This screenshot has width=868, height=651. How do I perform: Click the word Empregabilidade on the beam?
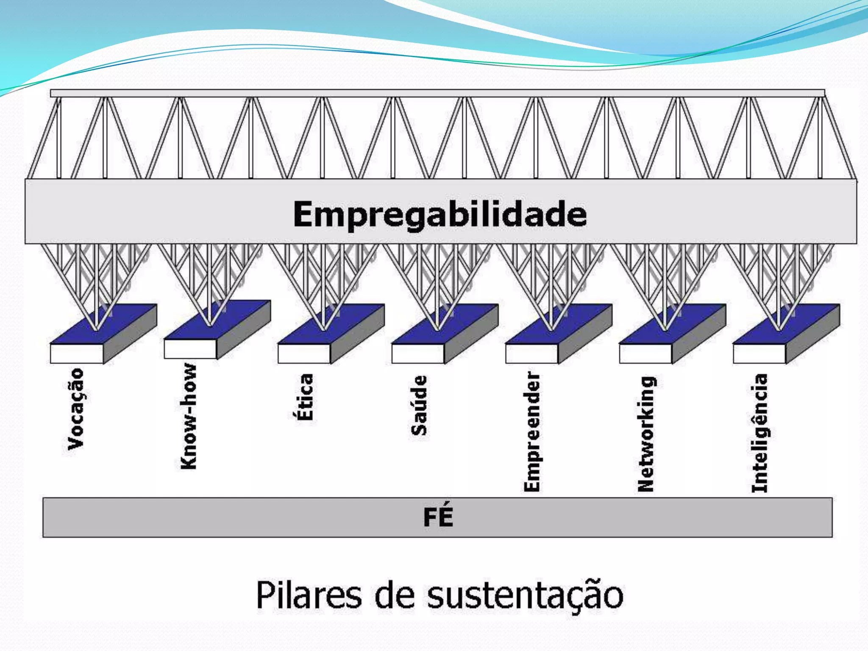(440, 214)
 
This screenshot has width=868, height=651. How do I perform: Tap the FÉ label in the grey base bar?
(438, 517)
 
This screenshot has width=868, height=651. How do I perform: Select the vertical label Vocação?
(76, 409)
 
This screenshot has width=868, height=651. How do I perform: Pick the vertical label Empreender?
(532, 431)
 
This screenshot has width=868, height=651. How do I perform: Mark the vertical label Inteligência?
(760, 433)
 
